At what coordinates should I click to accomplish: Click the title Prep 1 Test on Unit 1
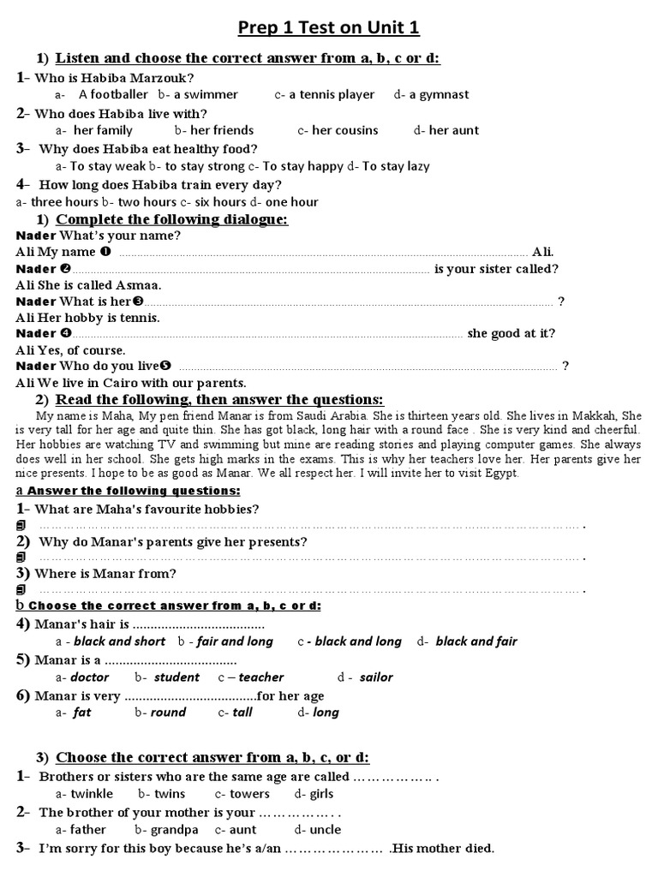coord(328,28)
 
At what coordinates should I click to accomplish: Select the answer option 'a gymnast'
coord(439,94)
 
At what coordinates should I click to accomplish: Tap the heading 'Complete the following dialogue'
coord(171,220)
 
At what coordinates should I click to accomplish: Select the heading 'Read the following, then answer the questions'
coord(219,400)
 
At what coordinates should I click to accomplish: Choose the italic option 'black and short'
coord(119,641)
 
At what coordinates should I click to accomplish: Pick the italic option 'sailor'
coord(376,677)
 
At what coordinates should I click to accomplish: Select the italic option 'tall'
coord(242,712)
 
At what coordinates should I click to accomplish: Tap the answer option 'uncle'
coord(325,829)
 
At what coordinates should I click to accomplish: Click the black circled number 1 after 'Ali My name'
coord(105,252)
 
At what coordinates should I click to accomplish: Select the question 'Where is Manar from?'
coord(104,573)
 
